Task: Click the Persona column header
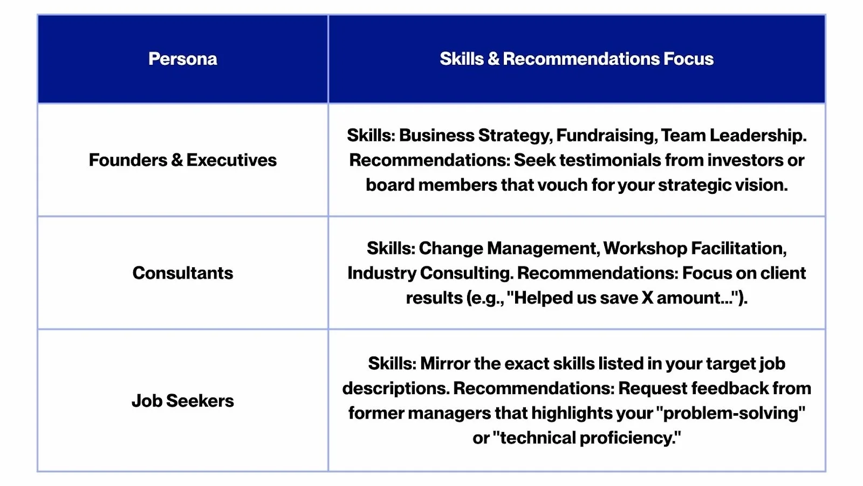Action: click(183, 59)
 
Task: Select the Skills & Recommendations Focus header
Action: click(577, 59)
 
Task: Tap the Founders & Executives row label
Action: click(183, 160)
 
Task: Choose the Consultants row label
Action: click(183, 273)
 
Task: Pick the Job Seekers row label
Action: click(183, 401)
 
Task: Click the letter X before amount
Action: click(647, 298)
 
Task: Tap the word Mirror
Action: click(445, 363)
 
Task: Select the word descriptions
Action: click(396, 389)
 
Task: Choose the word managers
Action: click(449, 414)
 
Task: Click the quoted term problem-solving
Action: click(730, 414)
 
